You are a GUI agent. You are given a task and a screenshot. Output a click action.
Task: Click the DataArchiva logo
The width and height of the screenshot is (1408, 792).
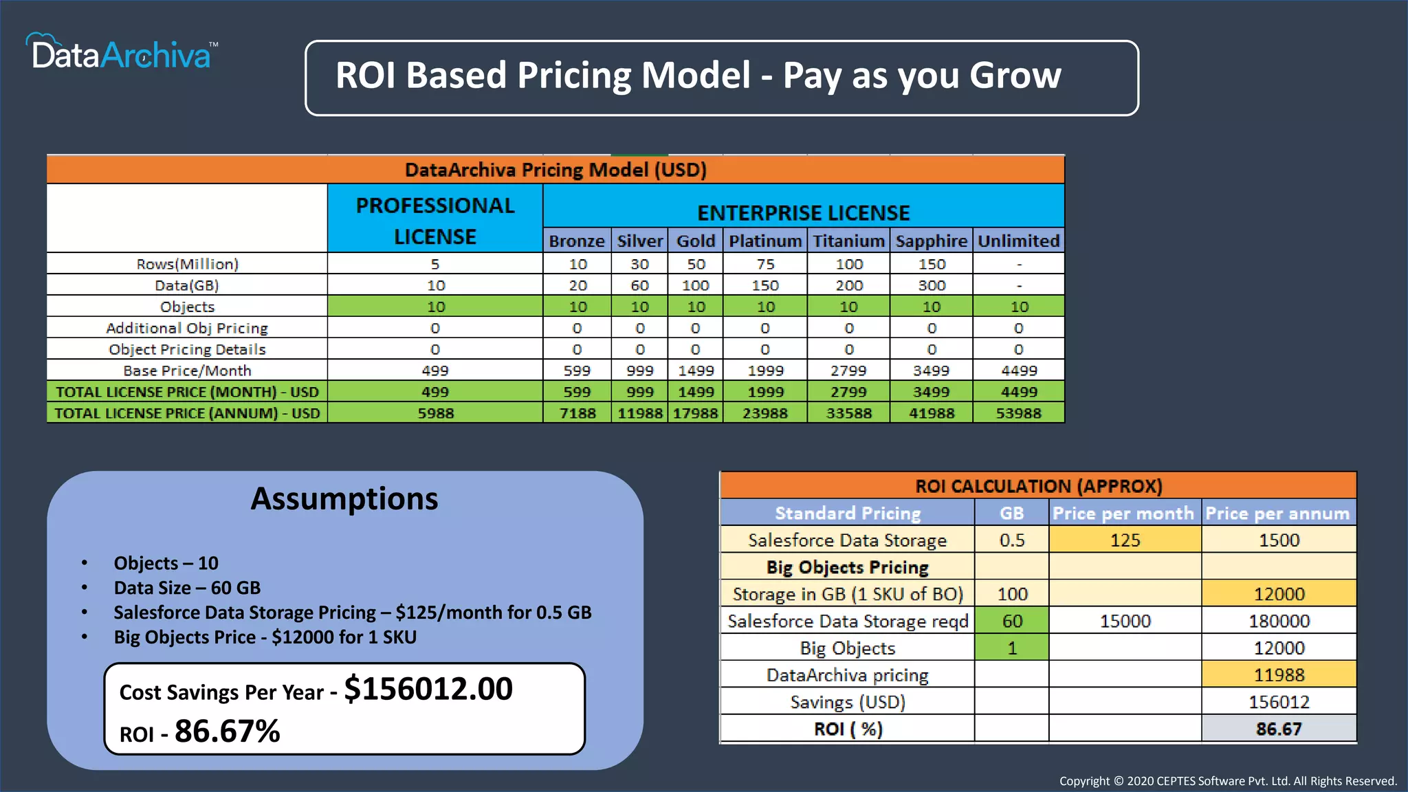click(x=122, y=52)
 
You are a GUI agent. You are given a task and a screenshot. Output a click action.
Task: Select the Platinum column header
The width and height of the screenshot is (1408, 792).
click(x=764, y=241)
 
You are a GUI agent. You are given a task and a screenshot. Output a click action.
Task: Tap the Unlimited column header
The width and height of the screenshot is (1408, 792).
click(x=1018, y=241)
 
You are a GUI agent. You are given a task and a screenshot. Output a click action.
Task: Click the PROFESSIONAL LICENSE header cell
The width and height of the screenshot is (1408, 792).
click(x=435, y=220)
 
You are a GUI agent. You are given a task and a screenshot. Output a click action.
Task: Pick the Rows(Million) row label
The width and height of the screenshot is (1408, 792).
click(x=187, y=264)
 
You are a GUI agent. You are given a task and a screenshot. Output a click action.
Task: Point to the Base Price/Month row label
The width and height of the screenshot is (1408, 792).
click(x=187, y=371)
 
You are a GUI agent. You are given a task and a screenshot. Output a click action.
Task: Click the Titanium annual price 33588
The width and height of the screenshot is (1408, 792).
click(x=848, y=413)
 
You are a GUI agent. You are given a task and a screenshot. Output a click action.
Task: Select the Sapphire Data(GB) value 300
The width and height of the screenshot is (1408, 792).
click(x=932, y=285)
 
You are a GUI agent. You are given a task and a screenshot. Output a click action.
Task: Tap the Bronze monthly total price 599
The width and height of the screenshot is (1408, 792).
click(x=577, y=392)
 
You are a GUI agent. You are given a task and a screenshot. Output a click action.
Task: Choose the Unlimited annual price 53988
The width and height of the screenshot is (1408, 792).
click(x=1018, y=413)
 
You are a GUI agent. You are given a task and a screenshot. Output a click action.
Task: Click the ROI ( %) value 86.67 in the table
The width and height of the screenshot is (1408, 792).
click(x=1278, y=729)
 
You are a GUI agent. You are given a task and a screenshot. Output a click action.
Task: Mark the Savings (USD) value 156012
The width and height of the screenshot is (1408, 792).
click(x=1278, y=702)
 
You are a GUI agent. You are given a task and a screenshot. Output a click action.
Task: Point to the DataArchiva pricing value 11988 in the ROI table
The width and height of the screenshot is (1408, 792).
click(x=1278, y=675)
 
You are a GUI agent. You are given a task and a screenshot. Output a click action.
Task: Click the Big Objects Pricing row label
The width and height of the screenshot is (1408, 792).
click(x=847, y=567)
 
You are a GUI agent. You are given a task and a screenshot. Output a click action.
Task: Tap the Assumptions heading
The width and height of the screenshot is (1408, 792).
click(x=344, y=498)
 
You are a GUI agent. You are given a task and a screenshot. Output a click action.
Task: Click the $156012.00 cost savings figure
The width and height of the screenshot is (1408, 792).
click(x=428, y=689)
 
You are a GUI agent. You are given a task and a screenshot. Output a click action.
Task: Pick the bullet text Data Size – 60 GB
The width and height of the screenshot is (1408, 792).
click(x=187, y=588)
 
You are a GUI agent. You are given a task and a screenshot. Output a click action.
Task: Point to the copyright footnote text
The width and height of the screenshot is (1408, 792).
click(x=1227, y=781)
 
